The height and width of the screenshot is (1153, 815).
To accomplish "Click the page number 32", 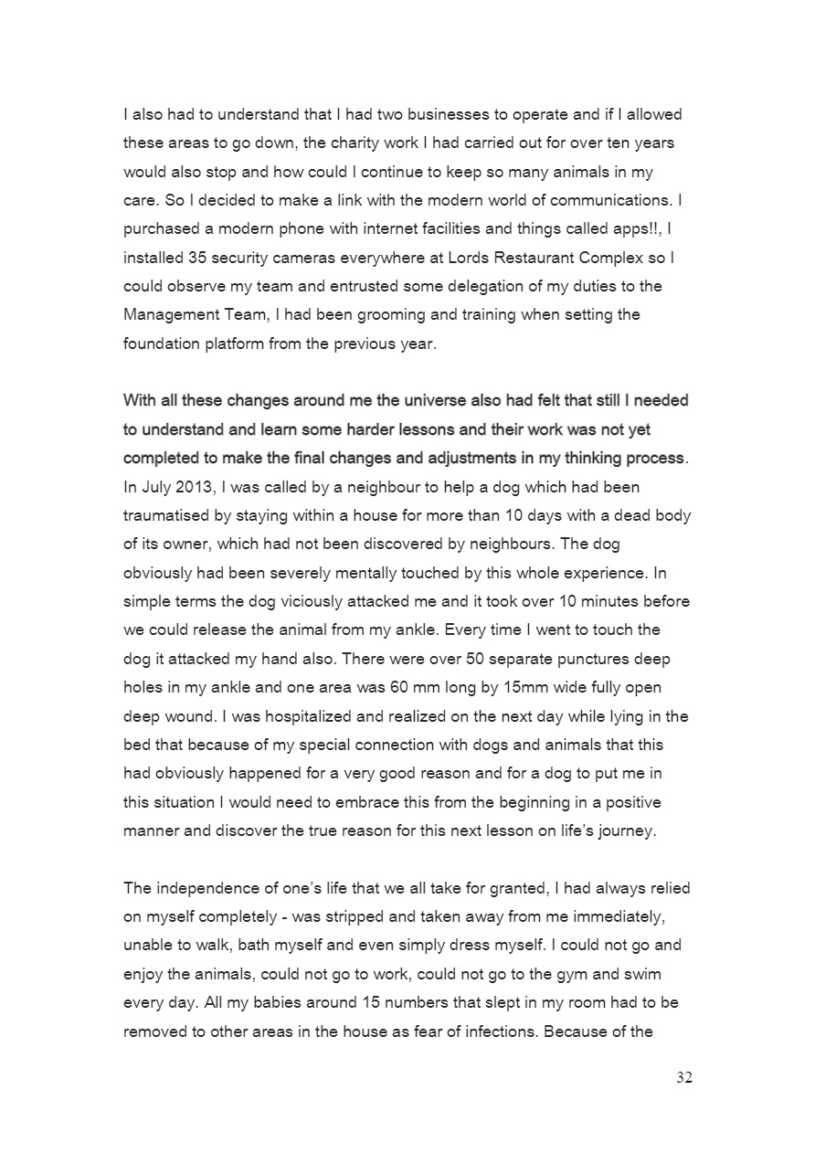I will pos(684,1078).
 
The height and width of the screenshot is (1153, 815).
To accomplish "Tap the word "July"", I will pos(156,486).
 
